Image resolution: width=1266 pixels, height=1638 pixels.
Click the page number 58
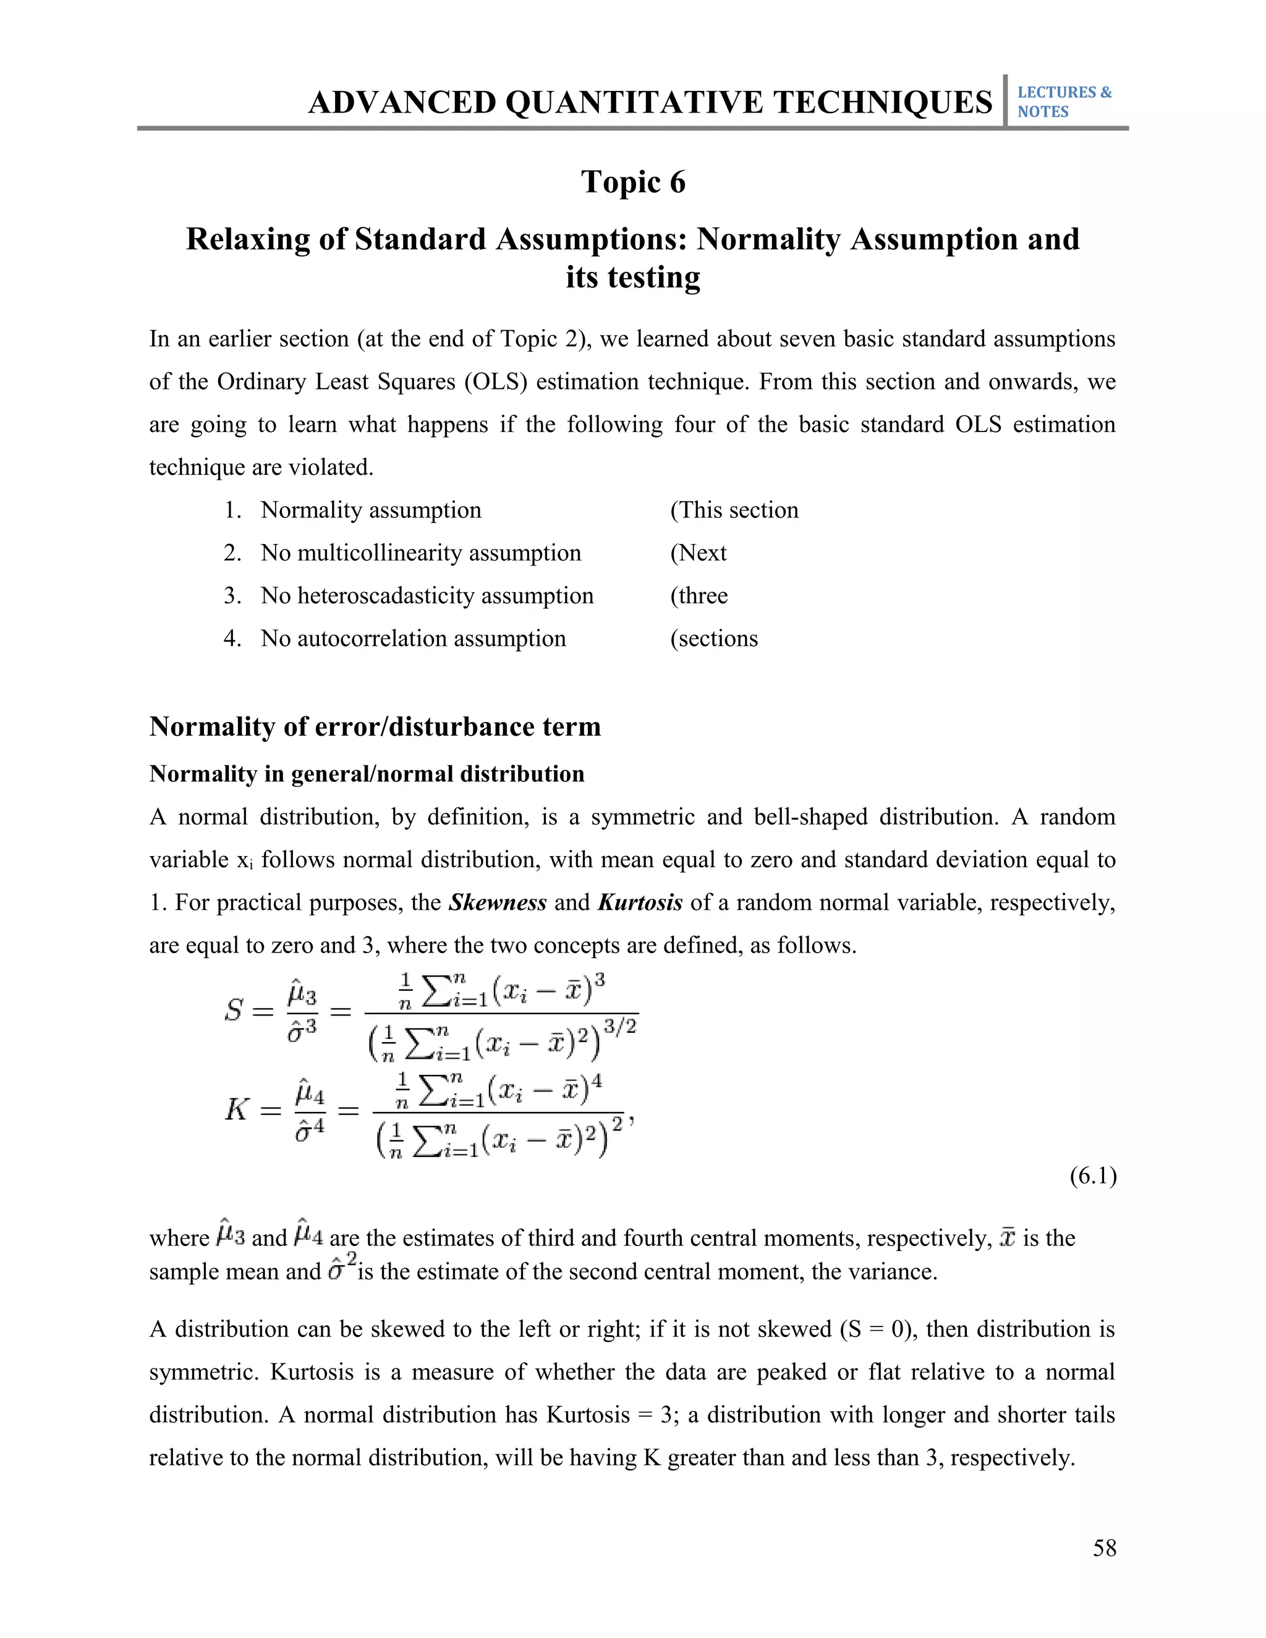[x=1104, y=1548]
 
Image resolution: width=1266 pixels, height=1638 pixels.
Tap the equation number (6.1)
[x=1093, y=1176]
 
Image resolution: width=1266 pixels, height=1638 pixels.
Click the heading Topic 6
[x=633, y=182]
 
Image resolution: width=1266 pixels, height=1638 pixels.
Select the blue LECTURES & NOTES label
[x=1063, y=102]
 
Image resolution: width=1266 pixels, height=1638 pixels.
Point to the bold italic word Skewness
[x=497, y=902]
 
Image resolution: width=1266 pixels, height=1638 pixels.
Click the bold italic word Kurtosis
[x=640, y=902]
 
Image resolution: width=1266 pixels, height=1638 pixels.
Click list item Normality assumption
[x=370, y=510]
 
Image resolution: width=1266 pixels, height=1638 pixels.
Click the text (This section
[x=734, y=510]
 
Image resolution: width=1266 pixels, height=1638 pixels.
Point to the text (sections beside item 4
[x=713, y=639]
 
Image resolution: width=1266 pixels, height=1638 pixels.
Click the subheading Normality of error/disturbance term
[x=375, y=727]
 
